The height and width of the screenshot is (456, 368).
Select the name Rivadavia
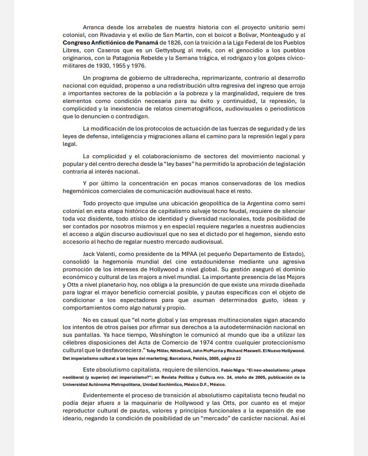pos(117,34)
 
